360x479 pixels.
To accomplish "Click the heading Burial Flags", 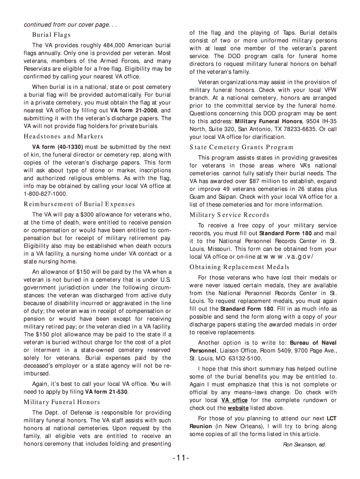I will pos(51,35).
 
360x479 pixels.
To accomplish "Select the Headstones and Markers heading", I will pos(64,137).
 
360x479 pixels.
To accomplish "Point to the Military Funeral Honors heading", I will pos(62,402).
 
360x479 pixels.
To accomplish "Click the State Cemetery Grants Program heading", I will pos(235,147).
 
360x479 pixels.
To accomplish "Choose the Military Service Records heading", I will pos(229,215).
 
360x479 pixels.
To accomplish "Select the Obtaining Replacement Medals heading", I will pos(239,267).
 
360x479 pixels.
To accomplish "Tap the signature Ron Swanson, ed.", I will pos(304,444).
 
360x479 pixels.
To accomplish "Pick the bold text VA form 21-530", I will pos(107,392).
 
